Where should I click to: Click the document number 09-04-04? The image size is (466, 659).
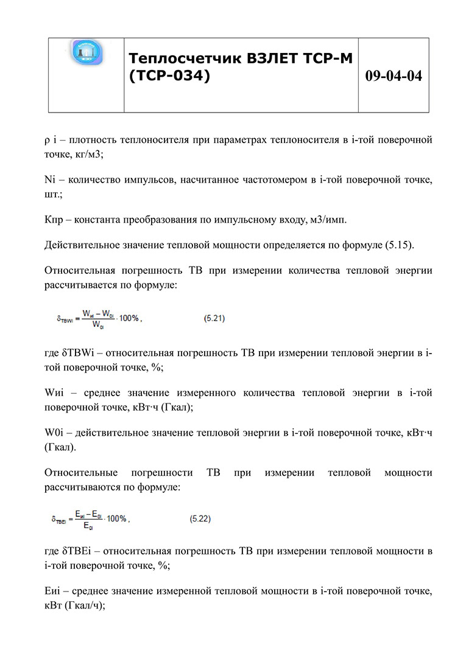tap(394, 76)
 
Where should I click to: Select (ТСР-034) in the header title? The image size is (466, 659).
tap(170, 77)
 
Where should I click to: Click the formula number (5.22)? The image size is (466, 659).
tap(200, 518)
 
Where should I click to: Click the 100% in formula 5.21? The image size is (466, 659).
tap(129, 318)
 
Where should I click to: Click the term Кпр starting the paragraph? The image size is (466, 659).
tap(55, 219)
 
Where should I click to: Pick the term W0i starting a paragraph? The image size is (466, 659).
tap(54, 433)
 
